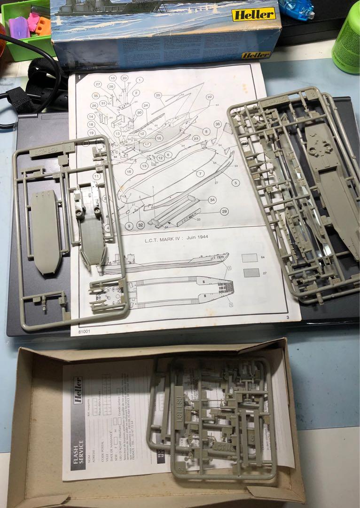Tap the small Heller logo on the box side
pyautogui.click(x=256, y=55)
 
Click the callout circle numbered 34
pyautogui.click(x=213, y=200)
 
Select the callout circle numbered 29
pyautogui.click(x=224, y=212)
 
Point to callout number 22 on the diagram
pyautogui.click(x=210, y=97)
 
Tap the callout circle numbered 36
pyautogui.click(x=217, y=124)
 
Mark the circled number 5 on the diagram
pyautogui.click(x=235, y=183)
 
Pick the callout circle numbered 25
pyautogui.click(x=158, y=95)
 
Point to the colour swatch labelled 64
pyautogui.click(x=250, y=258)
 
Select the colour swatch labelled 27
pyautogui.click(x=252, y=273)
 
